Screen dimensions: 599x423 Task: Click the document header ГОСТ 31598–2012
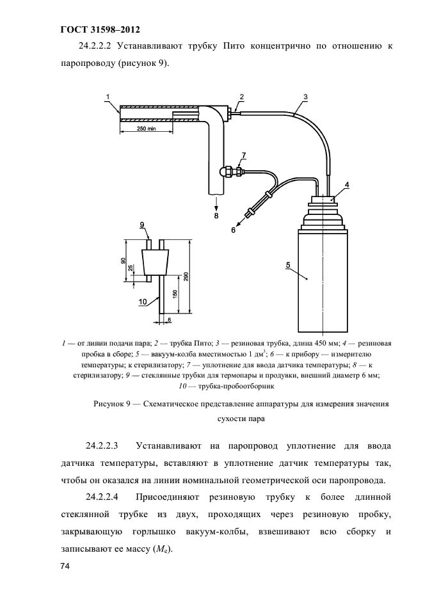pyautogui.click(x=99, y=29)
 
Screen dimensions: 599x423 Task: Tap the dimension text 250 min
pyautogui.click(x=146, y=129)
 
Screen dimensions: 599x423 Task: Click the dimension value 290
pyautogui.click(x=186, y=276)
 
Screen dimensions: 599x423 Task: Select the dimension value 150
pyautogui.click(x=174, y=295)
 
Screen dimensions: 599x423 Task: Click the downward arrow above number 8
pyautogui.click(x=216, y=204)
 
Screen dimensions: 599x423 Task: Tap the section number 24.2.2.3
pyautogui.click(x=106, y=444)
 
